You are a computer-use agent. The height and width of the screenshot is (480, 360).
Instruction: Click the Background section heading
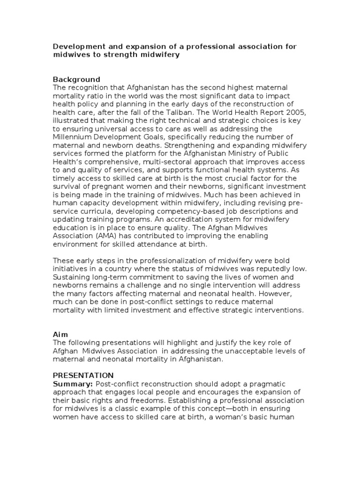click(x=76, y=79)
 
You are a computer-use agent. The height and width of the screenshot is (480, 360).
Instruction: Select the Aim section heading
click(x=60, y=334)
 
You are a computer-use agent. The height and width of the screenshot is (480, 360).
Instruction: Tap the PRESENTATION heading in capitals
click(x=83, y=375)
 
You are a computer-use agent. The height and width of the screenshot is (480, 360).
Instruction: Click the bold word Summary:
click(x=73, y=384)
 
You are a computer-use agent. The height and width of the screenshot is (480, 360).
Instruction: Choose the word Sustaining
click(x=73, y=277)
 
